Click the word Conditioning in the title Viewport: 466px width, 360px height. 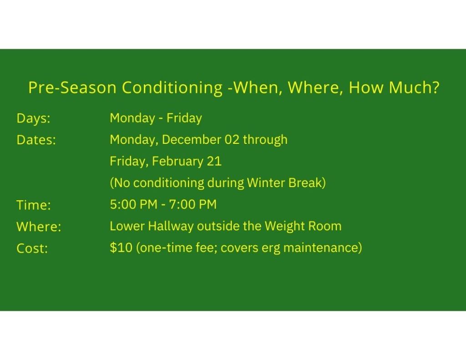pos(172,88)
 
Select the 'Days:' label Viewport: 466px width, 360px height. pos(33,118)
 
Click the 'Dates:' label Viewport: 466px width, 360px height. pos(36,140)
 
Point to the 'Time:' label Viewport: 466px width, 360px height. pos(34,205)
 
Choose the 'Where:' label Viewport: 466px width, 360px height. pos(39,227)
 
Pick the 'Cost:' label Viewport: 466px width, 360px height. pos(32,248)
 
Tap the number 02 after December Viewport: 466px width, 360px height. pos(232,140)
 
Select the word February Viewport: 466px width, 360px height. pos(177,162)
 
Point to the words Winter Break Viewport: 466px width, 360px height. pos(286,183)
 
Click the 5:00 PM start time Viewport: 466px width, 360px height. pos(133,204)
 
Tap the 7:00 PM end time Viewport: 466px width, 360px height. pos(192,204)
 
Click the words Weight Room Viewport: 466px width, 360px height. pos(303,226)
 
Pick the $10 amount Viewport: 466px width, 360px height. pos(121,248)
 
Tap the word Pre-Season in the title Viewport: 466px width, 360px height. pos(72,88)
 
